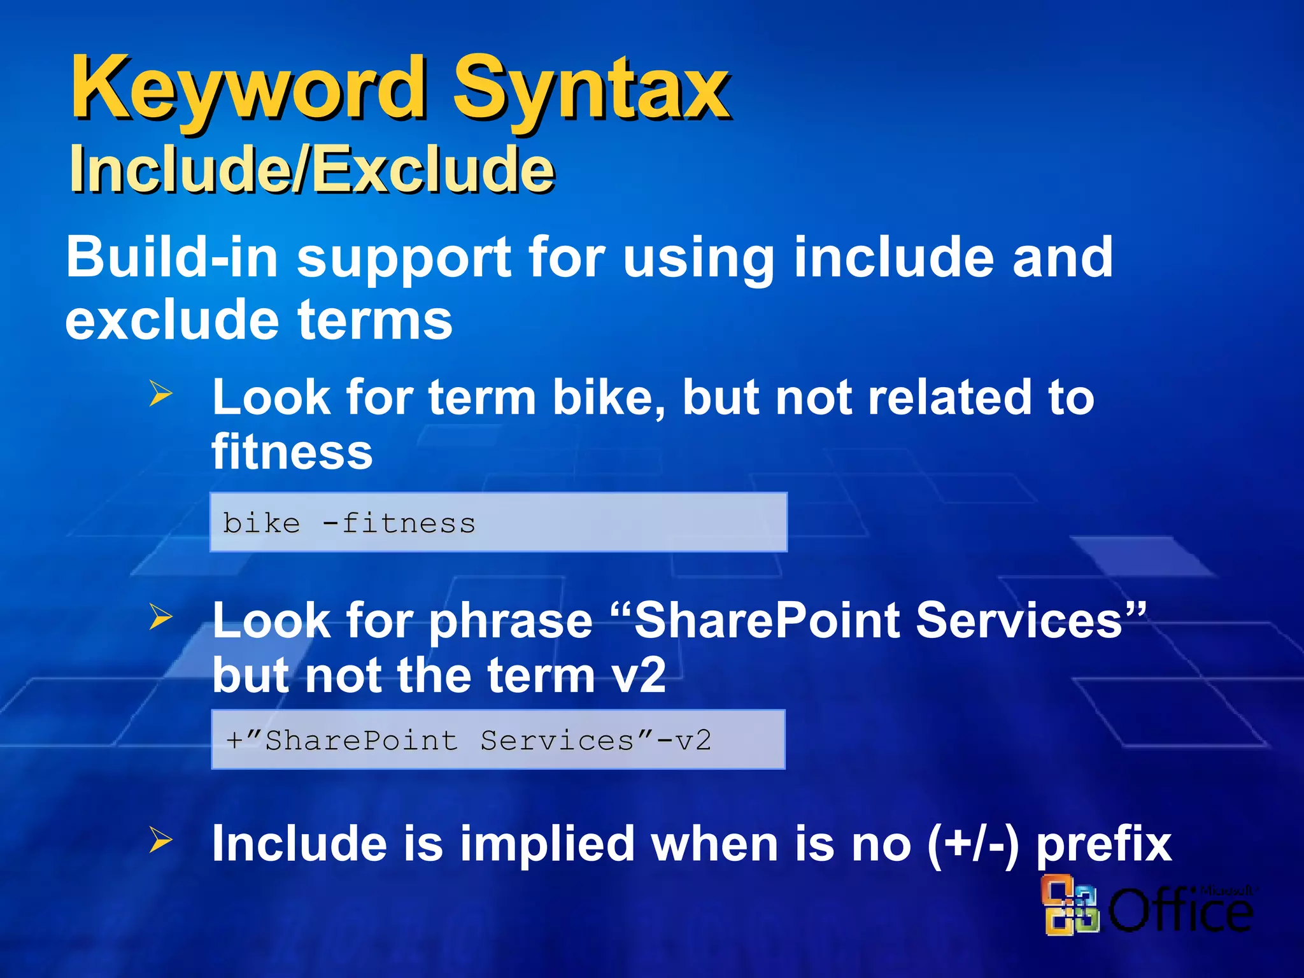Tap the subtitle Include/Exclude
click(312, 169)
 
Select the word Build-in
click(172, 257)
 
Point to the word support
click(404, 259)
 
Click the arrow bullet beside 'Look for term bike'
click(160, 393)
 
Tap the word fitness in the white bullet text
click(292, 451)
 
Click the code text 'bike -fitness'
click(349, 523)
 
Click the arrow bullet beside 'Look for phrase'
click(160, 616)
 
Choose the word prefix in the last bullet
click(1104, 844)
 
